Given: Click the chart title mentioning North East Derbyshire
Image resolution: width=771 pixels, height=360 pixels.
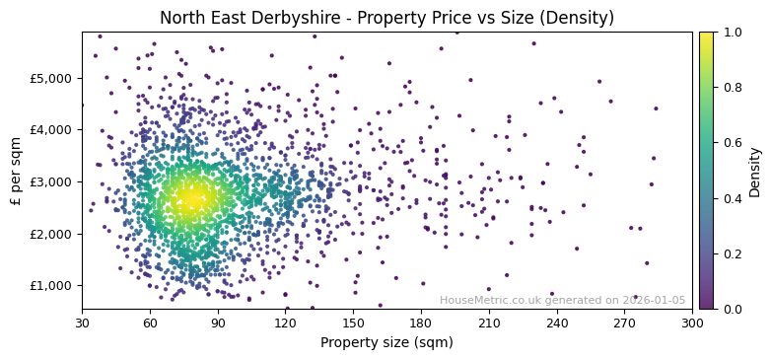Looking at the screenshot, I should (x=386, y=18).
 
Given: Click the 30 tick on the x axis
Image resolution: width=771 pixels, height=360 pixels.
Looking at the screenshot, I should (x=82, y=323).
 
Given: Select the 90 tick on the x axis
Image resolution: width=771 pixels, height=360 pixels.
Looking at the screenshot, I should (x=218, y=323).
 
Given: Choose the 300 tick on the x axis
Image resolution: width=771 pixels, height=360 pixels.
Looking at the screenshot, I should (x=692, y=323).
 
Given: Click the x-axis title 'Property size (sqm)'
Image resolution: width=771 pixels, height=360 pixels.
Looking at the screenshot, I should (x=386, y=343).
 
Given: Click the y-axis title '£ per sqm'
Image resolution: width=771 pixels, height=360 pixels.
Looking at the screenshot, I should (x=16, y=171).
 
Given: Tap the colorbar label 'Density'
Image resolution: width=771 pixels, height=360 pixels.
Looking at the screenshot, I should (x=755, y=171).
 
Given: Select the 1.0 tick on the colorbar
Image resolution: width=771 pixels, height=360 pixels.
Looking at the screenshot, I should (x=731, y=32).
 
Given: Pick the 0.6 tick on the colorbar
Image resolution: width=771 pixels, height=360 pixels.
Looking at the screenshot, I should (x=731, y=143).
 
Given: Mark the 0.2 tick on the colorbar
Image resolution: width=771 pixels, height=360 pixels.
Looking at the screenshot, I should (x=731, y=253).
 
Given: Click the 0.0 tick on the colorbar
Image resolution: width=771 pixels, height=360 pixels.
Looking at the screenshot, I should (x=731, y=309).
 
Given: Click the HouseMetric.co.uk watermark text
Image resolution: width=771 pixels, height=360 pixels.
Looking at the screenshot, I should (x=562, y=301).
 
